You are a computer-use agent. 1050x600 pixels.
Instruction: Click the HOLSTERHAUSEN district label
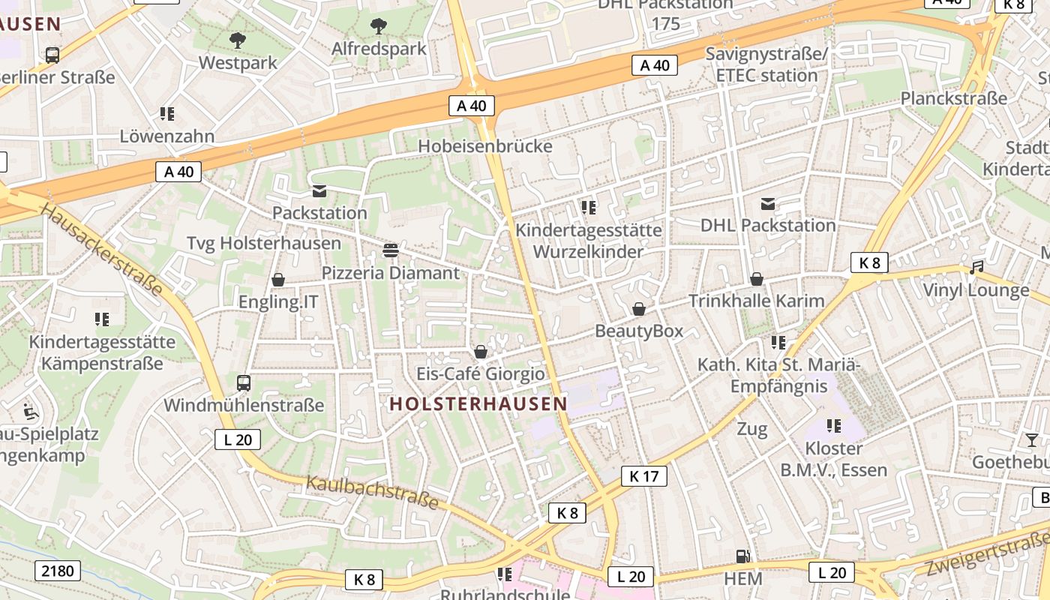pos(478,403)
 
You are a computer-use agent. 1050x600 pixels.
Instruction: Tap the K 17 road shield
pos(643,475)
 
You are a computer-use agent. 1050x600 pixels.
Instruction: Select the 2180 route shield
pos(58,571)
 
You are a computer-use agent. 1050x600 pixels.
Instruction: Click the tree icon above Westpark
pos(238,40)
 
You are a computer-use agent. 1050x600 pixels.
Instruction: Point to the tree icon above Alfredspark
pos(379,26)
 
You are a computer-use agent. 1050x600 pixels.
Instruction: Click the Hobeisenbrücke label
pos(484,146)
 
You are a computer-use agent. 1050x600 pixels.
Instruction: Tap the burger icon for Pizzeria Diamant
pos(390,250)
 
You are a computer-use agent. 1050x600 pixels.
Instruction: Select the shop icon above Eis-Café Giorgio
pos(481,352)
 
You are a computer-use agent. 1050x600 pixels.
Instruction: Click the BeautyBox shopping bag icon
pos(639,309)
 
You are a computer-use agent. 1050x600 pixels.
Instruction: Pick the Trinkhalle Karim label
pos(756,301)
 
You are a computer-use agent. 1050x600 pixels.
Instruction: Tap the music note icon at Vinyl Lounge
pos(976,268)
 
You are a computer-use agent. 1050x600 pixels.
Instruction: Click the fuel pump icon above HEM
pos(743,556)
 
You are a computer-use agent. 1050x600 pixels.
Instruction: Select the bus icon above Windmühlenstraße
pos(244,383)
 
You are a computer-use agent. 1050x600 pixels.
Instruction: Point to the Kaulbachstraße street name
pos(372,492)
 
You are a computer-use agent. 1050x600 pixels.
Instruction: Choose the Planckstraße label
pos(953,98)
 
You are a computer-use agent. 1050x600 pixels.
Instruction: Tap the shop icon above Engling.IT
pos(278,280)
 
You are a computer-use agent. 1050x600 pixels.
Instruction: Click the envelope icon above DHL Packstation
pos(768,203)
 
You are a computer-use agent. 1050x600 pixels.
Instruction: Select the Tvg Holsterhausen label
pos(263,243)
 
